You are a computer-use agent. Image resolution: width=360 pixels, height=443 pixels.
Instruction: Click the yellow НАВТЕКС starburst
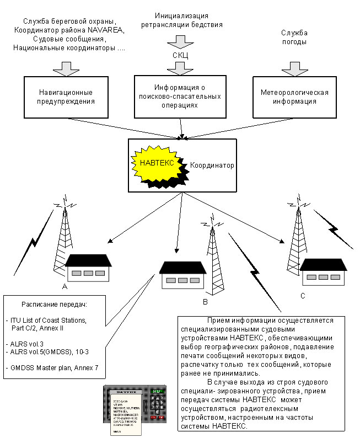tap(158, 163)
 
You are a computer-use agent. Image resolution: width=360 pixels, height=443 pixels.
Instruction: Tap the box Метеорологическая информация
tap(294, 97)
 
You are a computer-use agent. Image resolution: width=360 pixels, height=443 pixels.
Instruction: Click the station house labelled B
tap(182, 275)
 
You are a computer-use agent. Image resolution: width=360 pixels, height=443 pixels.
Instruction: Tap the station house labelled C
tap(323, 271)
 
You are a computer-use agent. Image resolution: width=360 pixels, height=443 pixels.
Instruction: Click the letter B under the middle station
tap(205, 302)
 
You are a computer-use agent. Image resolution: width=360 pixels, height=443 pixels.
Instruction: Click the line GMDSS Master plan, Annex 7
tap(54, 366)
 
